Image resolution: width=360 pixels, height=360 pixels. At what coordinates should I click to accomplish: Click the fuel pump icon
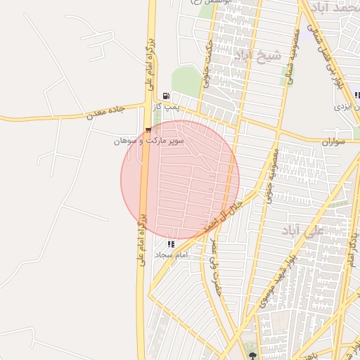(166, 96)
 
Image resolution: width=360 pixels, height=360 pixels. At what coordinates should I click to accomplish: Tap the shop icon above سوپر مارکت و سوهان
(148, 130)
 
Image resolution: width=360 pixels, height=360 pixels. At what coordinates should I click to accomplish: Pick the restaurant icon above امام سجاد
(171, 243)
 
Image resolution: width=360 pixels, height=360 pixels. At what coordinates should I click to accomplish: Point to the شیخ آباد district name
(257, 55)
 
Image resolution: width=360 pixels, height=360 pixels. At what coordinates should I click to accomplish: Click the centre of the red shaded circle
(180, 180)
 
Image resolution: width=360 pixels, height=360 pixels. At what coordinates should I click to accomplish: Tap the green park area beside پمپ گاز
(186, 81)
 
